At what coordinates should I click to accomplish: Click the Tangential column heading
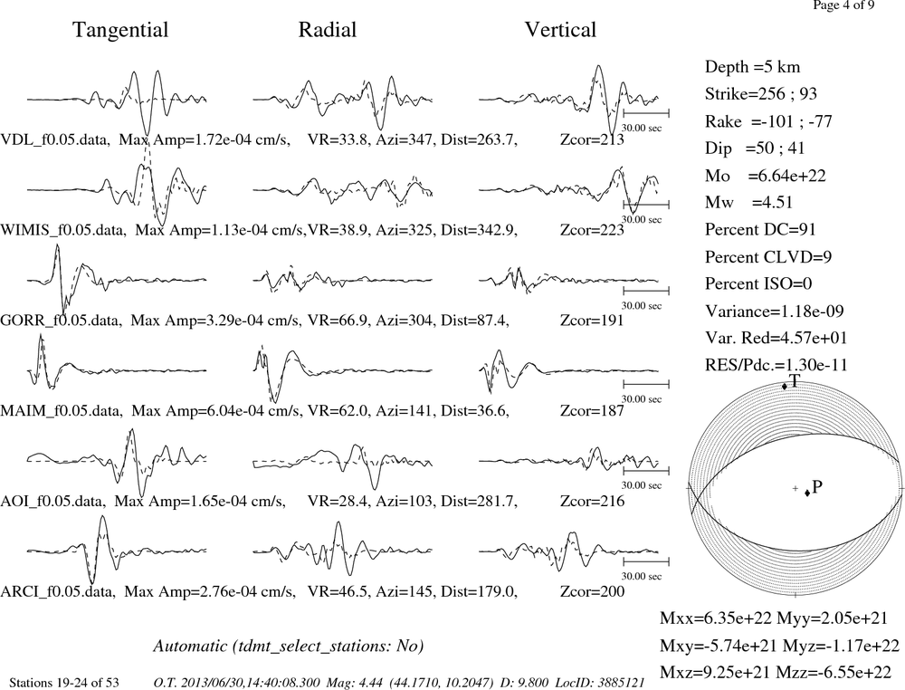(x=120, y=31)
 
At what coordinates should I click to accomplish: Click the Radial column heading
(x=328, y=30)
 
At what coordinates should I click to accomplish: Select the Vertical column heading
(x=560, y=30)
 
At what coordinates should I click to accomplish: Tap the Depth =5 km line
(x=752, y=67)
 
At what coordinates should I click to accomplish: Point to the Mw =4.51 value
(x=748, y=202)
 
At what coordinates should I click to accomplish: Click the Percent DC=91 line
(x=760, y=229)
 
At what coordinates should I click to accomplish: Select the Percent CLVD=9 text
(x=768, y=256)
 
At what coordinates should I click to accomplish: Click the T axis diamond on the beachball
(x=785, y=387)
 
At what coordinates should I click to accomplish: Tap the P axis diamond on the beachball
(x=807, y=493)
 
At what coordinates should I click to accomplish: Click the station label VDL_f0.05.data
(x=55, y=139)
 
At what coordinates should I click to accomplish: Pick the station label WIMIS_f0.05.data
(x=63, y=230)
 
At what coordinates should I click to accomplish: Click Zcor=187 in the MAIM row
(x=592, y=410)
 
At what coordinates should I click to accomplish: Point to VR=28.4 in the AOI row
(x=338, y=501)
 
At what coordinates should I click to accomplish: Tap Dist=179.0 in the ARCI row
(x=479, y=591)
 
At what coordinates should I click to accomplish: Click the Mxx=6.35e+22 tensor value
(x=716, y=618)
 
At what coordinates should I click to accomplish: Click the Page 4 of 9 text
(x=843, y=5)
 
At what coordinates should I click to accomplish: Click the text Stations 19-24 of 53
(x=64, y=683)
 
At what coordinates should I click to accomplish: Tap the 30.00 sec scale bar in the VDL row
(x=646, y=113)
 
